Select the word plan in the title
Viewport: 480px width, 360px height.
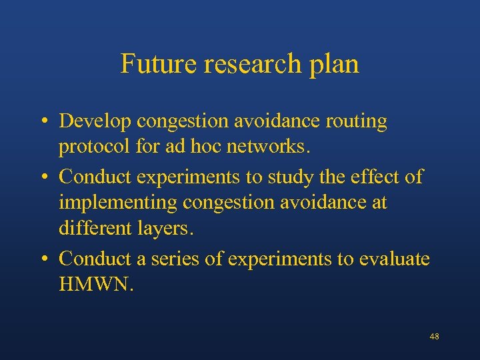click(x=335, y=65)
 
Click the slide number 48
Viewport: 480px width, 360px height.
click(x=434, y=337)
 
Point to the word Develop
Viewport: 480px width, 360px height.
click(x=95, y=122)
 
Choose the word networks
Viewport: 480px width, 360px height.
click(x=268, y=146)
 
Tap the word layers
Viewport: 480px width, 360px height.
click(x=168, y=229)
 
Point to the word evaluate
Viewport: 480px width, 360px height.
click(x=395, y=259)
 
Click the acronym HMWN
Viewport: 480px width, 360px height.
click(x=96, y=285)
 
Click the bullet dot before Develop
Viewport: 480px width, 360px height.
click(x=42, y=123)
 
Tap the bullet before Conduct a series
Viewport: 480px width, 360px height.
click(x=42, y=259)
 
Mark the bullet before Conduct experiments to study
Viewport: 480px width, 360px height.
click(x=42, y=177)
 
